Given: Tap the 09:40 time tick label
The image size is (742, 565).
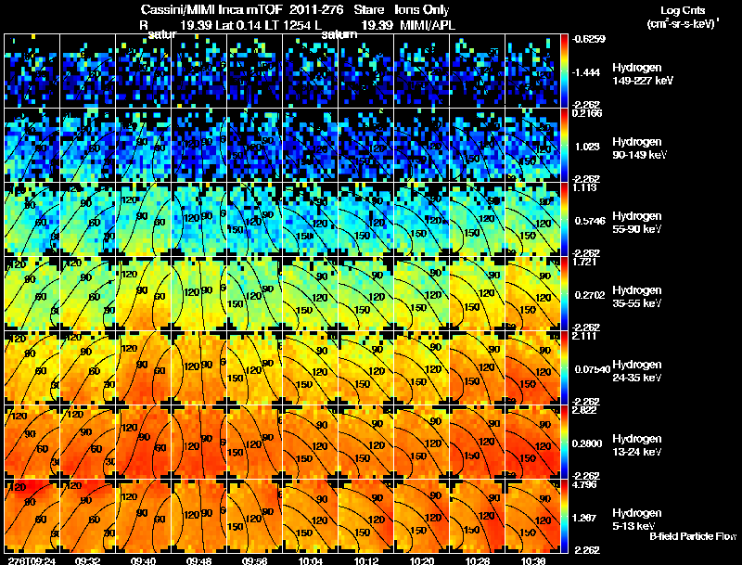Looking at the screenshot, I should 145,560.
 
